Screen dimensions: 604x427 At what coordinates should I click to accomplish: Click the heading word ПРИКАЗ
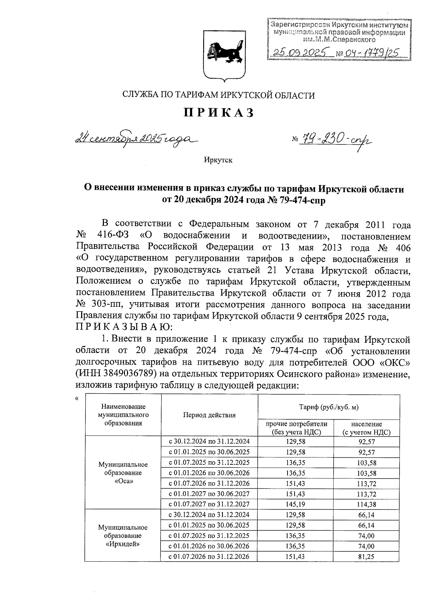(x=218, y=112)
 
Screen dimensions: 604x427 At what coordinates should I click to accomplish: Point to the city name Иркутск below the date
(x=218, y=160)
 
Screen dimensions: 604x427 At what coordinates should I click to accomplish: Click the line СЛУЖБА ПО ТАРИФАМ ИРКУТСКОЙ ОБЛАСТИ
(x=218, y=95)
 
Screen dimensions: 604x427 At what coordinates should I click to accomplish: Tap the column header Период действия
(x=209, y=415)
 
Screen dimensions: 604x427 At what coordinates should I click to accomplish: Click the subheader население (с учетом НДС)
(x=366, y=428)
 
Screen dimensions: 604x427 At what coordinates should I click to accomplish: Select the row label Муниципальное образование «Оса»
(x=123, y=473)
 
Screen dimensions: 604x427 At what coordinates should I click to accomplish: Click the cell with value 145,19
(x=295, y=504)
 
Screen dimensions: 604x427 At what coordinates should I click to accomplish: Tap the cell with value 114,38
(x=366, y=504)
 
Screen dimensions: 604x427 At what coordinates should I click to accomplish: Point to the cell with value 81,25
(x=366, y=557)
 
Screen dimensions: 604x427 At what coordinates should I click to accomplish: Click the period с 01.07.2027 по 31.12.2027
(x=209, y=504)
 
